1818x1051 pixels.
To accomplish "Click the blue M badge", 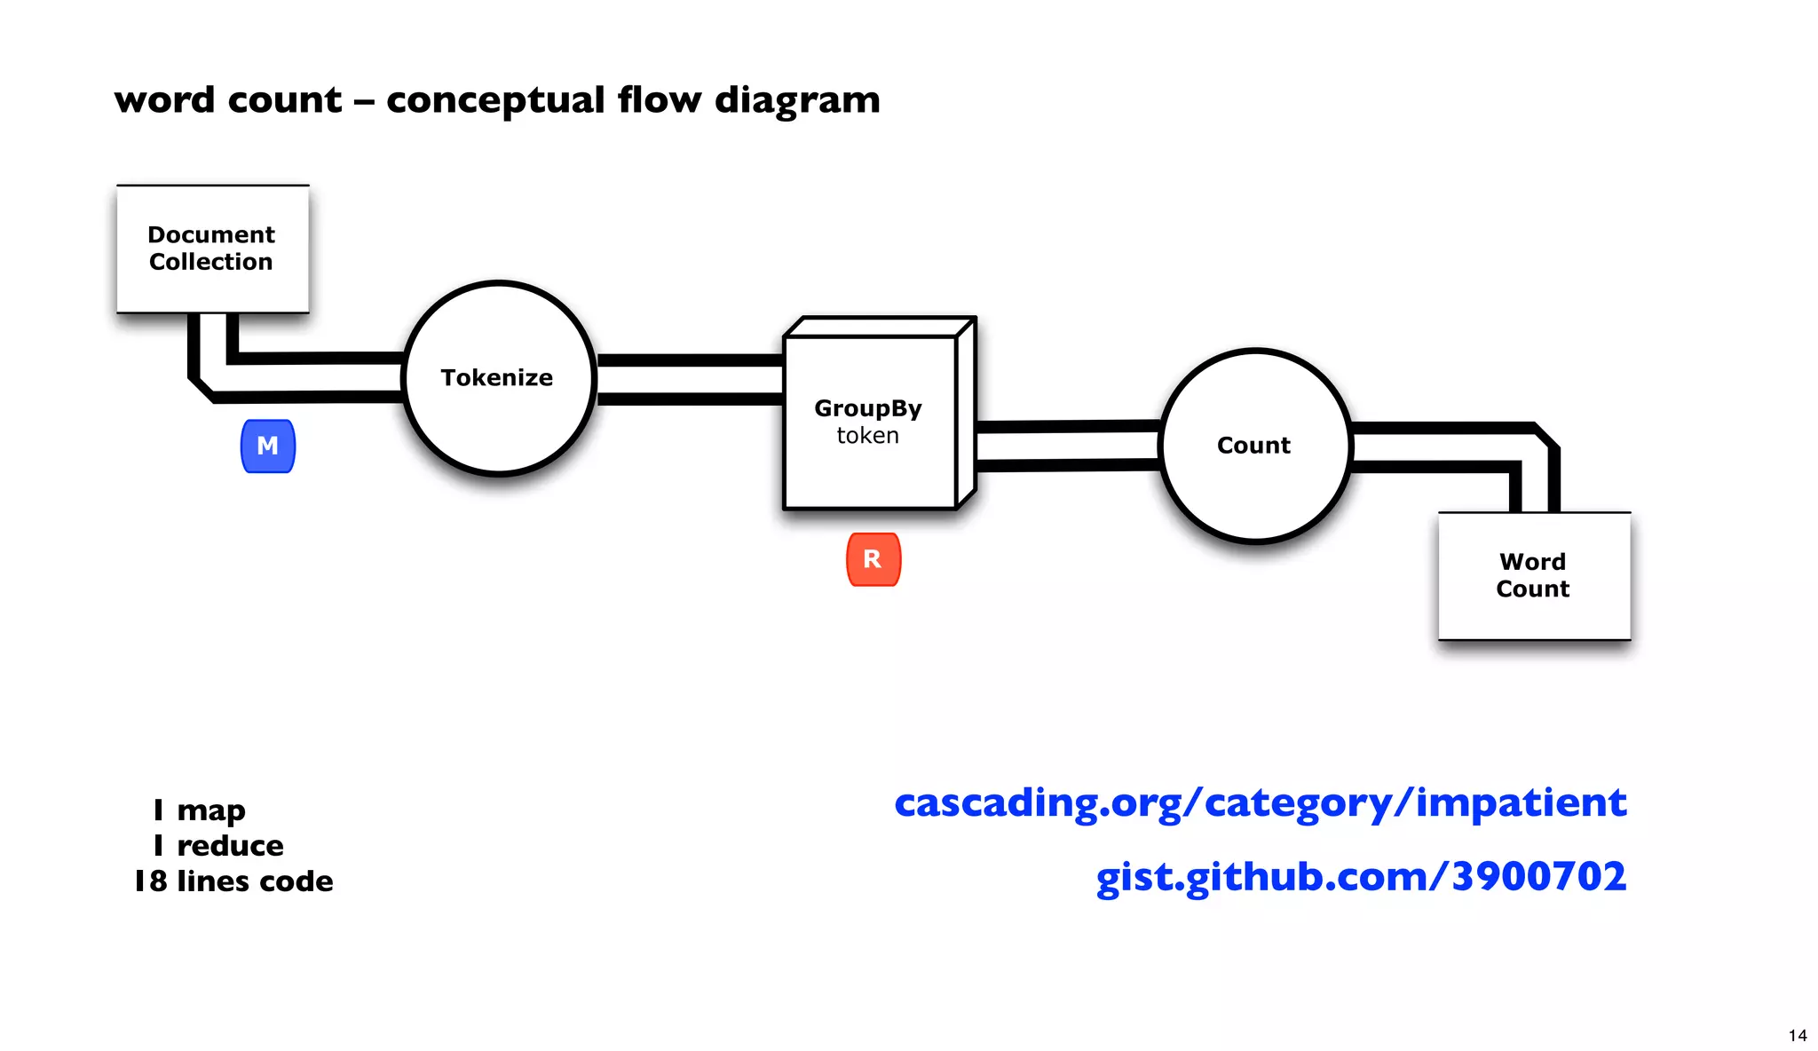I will tap(267, 446).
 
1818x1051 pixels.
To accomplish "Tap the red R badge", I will tap(873, 559).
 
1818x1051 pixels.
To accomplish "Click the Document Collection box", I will tap(212, 249).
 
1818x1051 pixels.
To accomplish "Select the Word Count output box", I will tap(1533, 575).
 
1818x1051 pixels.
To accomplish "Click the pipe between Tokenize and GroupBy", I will tap(690, 380).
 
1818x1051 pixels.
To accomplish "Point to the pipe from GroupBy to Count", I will tap(1067, 445).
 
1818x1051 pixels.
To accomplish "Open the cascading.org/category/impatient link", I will tap(1260, 802).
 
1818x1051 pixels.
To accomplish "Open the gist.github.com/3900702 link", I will tap(1361, 876).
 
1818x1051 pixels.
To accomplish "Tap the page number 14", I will tap(1797, 1035).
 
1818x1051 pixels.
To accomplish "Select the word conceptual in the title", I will tap(495, 99).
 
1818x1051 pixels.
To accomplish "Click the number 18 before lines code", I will tap(151, 881).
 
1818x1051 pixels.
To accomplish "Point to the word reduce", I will tap(230, 845).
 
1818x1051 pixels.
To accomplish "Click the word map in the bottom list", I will tap(211, 810).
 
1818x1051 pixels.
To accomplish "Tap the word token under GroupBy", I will tap(867, 435).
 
